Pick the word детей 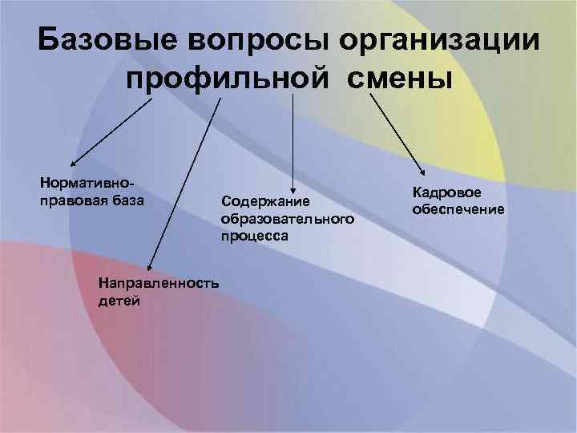click(x=118, y=301)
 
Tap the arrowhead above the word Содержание click(x=293, y=185)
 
